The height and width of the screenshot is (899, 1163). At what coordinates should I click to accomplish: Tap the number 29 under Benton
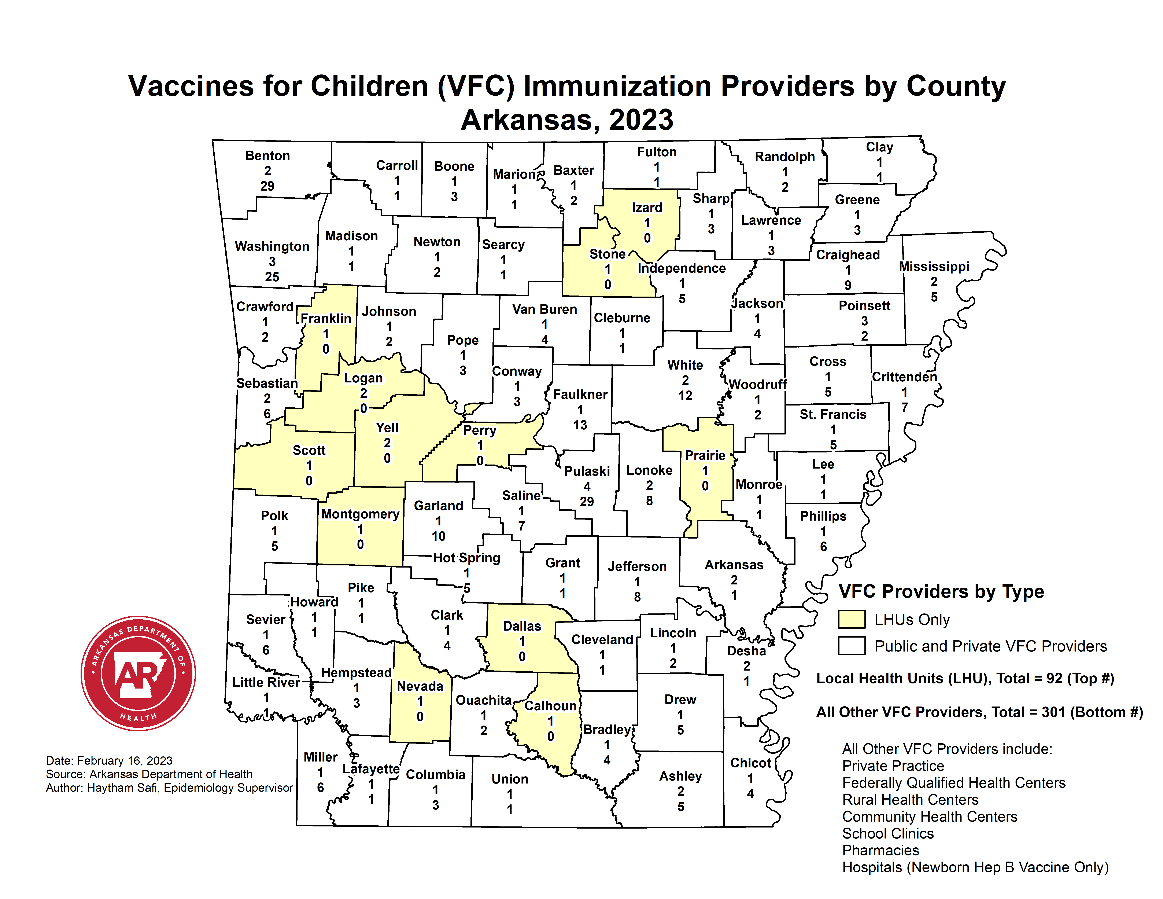(267, 186)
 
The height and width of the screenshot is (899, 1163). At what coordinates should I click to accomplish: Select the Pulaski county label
(587, 471)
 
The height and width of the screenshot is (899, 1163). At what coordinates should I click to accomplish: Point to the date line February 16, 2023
(109, 760)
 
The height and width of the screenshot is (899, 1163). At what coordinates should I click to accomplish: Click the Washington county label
(272, 247)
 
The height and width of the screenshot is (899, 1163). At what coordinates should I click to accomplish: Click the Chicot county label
(750, 763)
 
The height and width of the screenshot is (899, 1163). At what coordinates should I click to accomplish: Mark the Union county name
(510, 779)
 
